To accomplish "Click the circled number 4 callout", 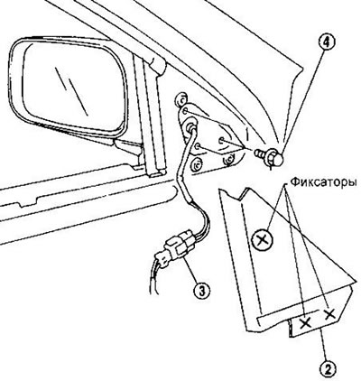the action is click(x=328, y=42).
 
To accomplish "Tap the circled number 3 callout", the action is click(x=201, y=290).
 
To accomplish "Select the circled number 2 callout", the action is click(x=327, y=367).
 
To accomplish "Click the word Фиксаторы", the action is click(x=325, y=182).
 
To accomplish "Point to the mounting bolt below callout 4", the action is click(x=269, y=156).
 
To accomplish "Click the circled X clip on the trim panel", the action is click(x=262, y=240).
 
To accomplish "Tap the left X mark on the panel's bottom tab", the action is click(x=306, y=323).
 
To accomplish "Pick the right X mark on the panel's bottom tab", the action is click(x=330, y=314).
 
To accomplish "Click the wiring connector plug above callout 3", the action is click(x=178, y=246).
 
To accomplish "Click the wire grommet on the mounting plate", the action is click(x=190, y=126).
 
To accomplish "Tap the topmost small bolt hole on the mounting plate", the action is click(x=186, y=111).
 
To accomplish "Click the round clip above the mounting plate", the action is click(x=181, y=98).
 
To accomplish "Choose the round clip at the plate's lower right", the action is click(x=228, y=159).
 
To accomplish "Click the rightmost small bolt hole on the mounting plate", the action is click(x=222, y=140).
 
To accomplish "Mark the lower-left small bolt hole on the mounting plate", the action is click(x=198, y=146).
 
